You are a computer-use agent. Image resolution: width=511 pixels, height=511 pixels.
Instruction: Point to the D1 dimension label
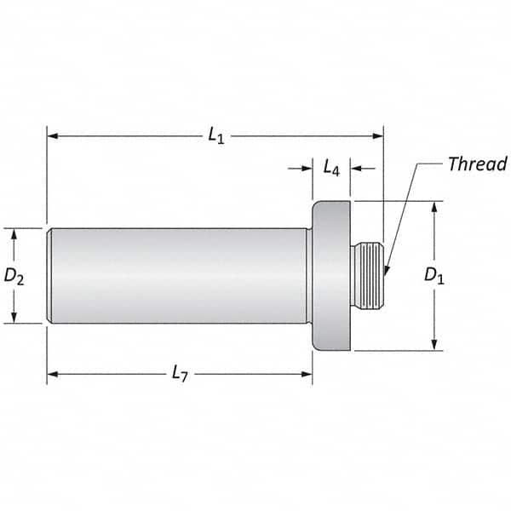435,275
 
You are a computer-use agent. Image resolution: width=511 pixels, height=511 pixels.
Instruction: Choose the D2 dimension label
14,275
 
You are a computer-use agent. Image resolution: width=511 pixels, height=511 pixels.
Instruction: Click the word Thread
477,164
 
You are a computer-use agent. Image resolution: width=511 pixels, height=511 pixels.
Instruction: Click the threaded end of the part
368,275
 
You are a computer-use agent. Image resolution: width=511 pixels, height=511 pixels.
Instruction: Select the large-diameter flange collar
332,275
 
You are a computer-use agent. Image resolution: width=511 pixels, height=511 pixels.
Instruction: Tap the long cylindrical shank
179,275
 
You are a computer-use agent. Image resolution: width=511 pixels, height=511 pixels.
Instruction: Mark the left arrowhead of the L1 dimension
51,135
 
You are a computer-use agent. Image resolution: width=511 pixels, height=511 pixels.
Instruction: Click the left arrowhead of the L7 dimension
51,372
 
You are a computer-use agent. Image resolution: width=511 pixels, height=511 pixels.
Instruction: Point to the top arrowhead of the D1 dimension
435,205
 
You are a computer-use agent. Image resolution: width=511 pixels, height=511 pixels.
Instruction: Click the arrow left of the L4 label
308,169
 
